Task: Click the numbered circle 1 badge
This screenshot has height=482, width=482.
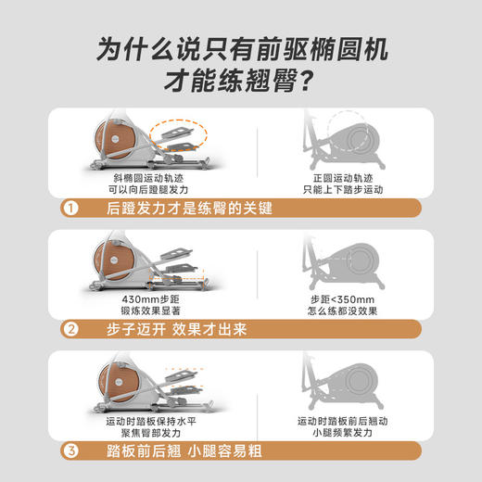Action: point(70,208)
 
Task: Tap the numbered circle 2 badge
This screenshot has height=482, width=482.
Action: point(70,327)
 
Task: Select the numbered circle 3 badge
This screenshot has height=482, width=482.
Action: point(70,452)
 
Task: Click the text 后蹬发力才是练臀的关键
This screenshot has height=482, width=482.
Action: point(190,208)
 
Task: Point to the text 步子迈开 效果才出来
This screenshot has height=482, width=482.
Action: point(190,327)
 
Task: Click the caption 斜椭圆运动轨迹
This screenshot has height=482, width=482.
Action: point(152,175)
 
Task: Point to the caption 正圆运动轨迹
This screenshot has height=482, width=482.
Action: point(343,175)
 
